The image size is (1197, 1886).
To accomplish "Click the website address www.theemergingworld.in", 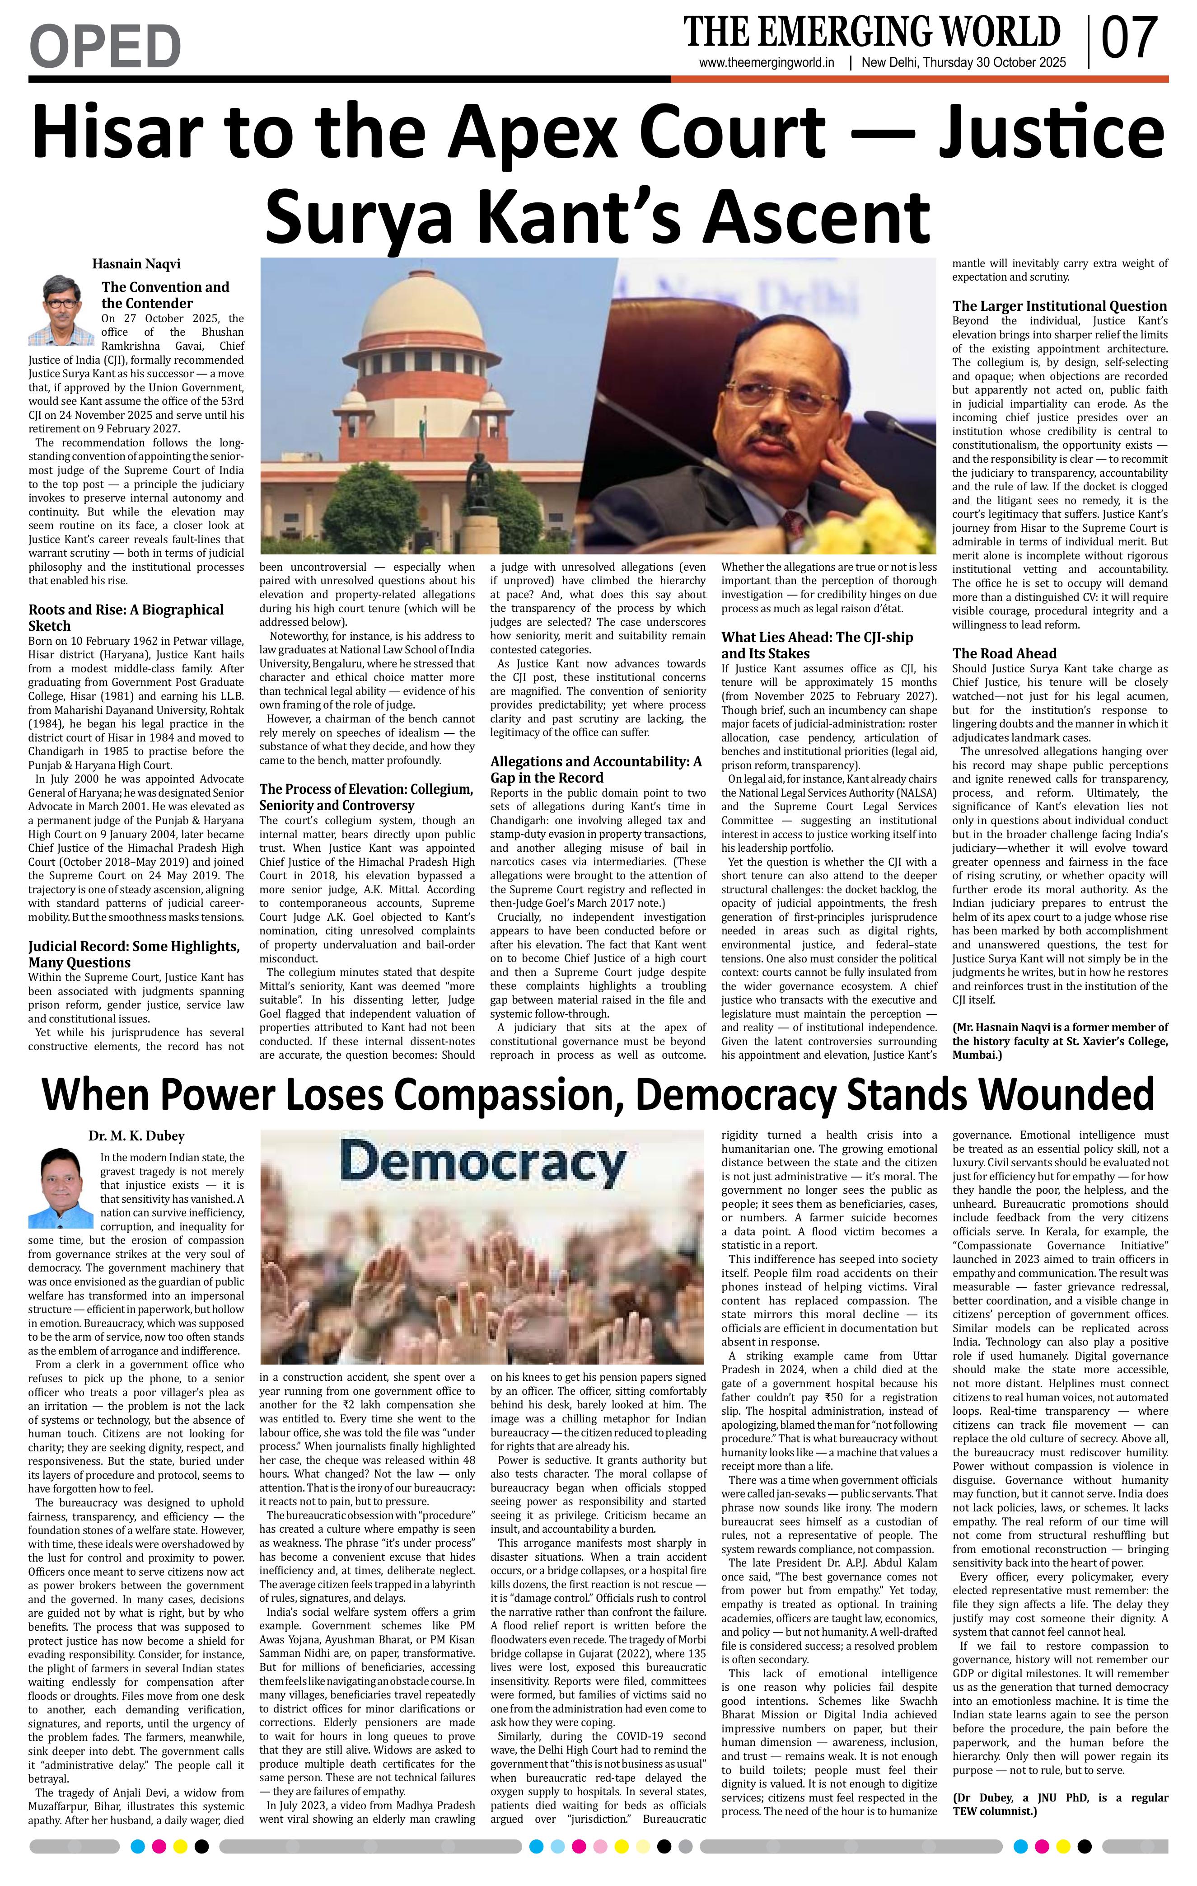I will pyautogui.click(x=767, y=63).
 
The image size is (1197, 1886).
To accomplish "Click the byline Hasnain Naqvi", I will pyautogui.click(x=136, y=264).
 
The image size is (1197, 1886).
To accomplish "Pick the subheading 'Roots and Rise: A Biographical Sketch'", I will pyautogui.click(x=126, y=617).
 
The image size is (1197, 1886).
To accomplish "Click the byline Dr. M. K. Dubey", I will pyautogui.click(x=136, y=1135).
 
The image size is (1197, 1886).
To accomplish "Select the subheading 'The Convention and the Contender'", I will pyautogui.click(x=165, y=295).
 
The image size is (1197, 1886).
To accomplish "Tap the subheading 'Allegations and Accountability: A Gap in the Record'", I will pyautogui.click(x=596, y=769).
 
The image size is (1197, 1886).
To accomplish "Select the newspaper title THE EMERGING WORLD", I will pyautogui.click(x=871, y=31).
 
